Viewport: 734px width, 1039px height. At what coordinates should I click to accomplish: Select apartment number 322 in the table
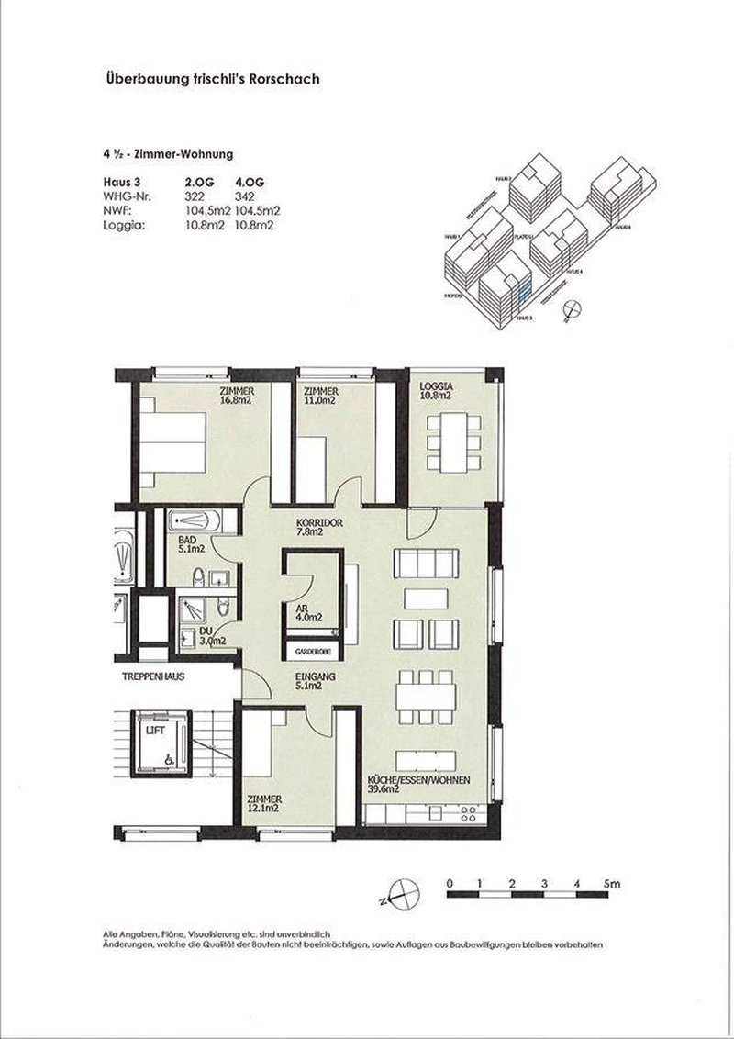coord(199,196)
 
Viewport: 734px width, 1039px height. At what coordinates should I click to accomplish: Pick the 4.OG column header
coord(250,183)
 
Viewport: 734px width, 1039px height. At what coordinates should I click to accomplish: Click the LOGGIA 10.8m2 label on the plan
coord(435,391)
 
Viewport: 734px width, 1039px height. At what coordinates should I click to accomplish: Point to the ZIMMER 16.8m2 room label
coord(236,395)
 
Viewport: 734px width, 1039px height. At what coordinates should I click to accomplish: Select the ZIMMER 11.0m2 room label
coord(322,395)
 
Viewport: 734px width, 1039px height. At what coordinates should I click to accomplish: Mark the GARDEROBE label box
coord(311,651)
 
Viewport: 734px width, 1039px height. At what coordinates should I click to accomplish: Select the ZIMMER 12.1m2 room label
coord(263,804)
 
